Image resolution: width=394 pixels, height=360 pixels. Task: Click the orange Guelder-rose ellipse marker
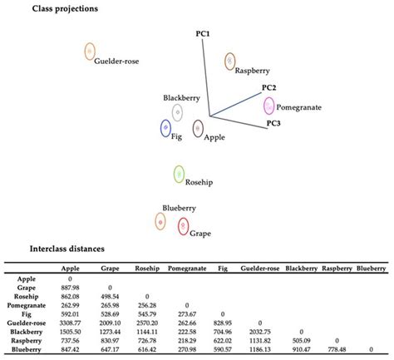tap(89, 52)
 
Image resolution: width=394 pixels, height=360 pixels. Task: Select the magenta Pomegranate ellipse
tap(268, 106)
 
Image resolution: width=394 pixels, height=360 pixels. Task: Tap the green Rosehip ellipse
tap(179, 174)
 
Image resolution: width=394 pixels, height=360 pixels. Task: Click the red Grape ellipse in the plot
tap(183, 225)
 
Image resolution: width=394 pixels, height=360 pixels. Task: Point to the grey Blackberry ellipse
tap(177, 112)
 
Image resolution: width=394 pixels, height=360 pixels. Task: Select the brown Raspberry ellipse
tap(230, 61)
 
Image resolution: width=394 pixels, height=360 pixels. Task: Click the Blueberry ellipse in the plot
tap(160, 221)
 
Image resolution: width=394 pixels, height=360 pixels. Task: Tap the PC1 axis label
tap(203, 32)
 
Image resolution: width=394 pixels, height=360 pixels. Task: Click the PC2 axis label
tap(268, 87)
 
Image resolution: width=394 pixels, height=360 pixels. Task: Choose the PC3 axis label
tap(273, 124)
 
